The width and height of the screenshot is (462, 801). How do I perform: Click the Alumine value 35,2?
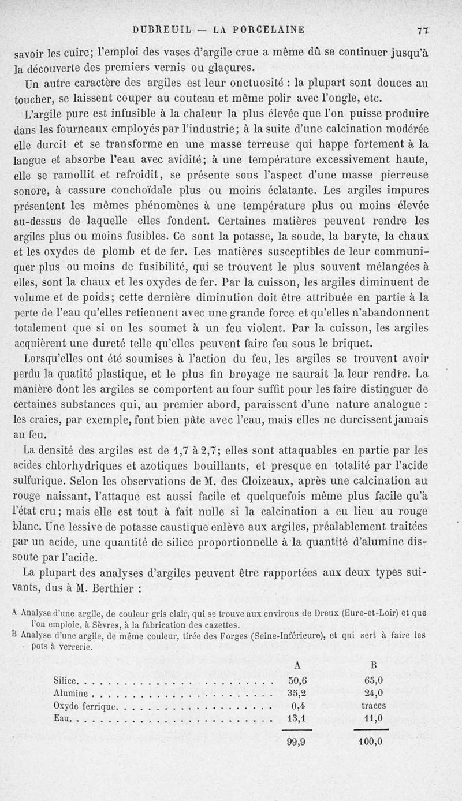[296, 693]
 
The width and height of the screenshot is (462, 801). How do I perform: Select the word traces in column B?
[373, 706]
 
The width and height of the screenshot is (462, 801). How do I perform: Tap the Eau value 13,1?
[296, 718]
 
